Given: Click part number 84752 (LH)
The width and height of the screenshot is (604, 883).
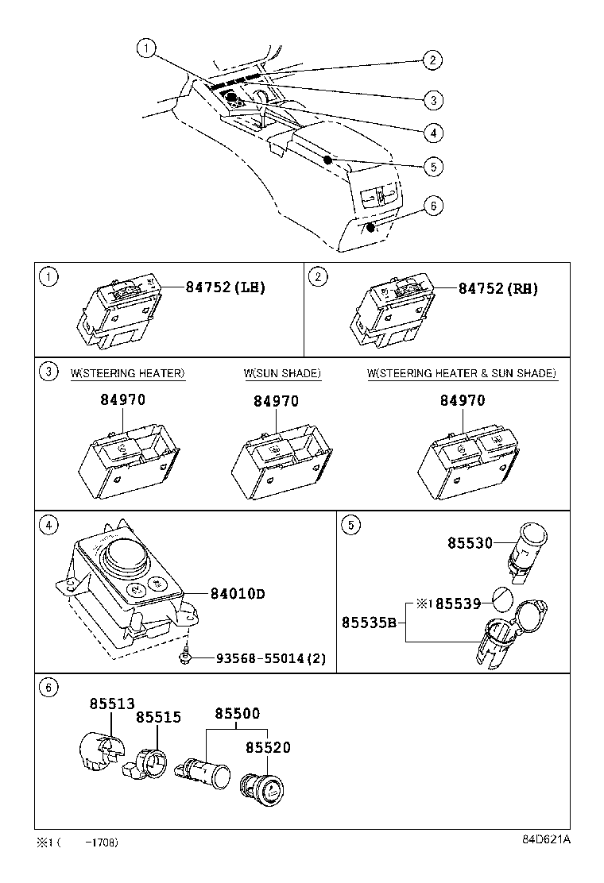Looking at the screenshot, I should click(x=226, y=287).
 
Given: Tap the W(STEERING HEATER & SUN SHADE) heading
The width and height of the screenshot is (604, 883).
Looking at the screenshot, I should click(x=462, y=373).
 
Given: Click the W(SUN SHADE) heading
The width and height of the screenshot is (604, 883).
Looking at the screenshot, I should click(x=282, y=373).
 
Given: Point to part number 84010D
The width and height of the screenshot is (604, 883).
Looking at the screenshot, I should click(x=237, y=593).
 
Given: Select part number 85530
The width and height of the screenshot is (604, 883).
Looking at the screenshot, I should click(x=470, y=543).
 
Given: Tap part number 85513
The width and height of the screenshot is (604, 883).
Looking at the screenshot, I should click(x=112, y=703).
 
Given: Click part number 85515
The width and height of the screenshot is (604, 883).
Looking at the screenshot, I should click(x=158, y=717).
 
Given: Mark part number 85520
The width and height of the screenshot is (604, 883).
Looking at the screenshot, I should click(x=268, y=747).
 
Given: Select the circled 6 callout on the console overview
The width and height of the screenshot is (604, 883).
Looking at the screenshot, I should click(x=432, y=206).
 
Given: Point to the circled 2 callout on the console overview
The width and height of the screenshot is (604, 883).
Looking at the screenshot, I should click(x=432, y=60).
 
